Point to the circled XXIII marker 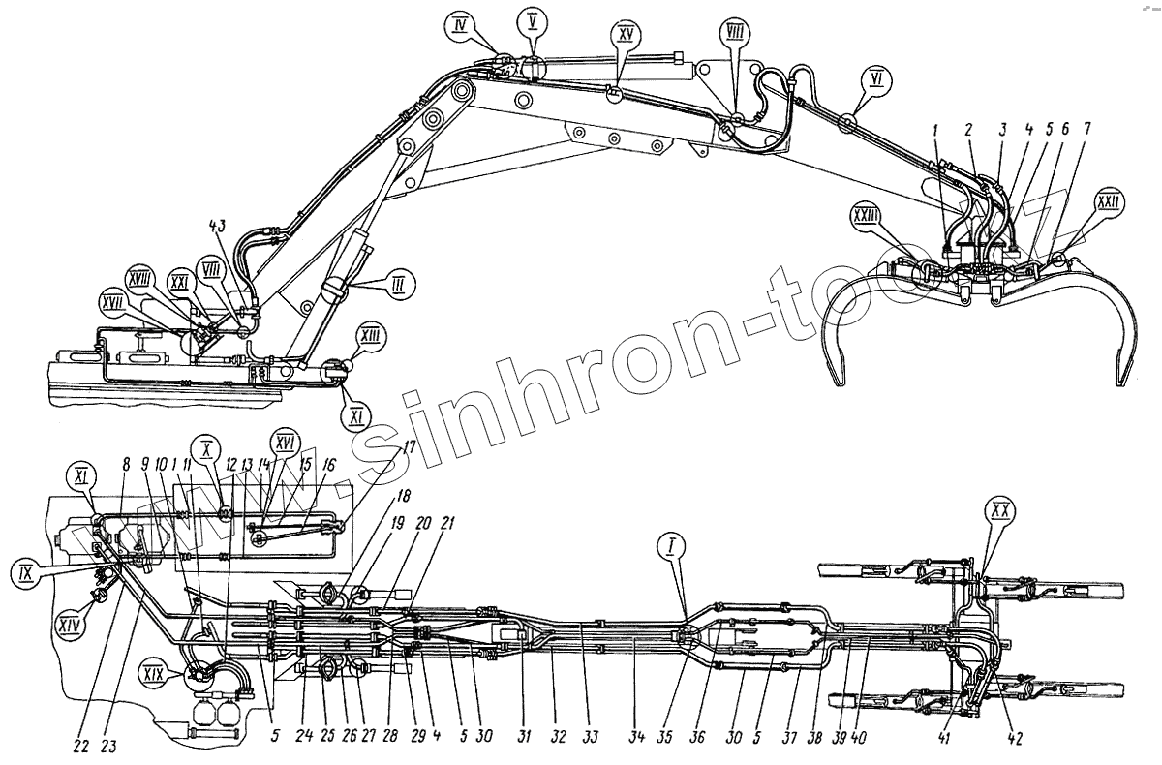coord(867,214)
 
